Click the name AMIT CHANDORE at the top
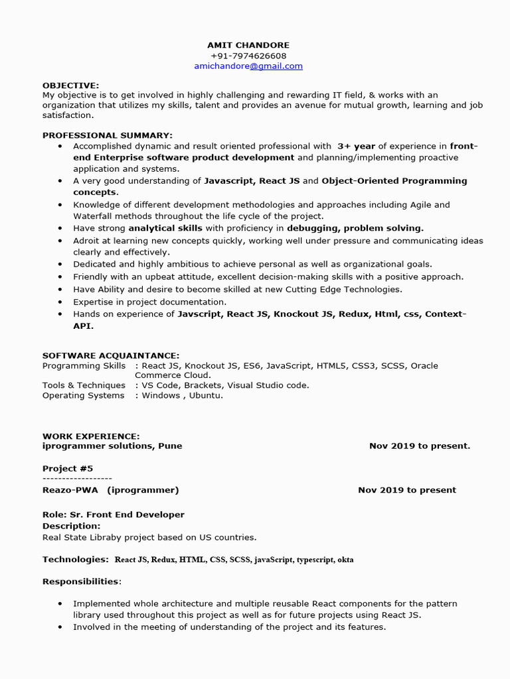coord(248,45)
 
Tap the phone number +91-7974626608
coord(248,56)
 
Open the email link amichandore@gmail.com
coord(248,66)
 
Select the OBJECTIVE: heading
coord(70,86)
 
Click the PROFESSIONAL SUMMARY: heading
coord(107,135)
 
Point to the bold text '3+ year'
coord(356,146)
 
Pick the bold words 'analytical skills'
coord(165,228)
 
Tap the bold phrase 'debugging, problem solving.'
coord(355,228)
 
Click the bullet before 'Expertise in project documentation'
coord(60,302)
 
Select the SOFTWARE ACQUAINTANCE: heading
coord(110,355)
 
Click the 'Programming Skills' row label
coord(84,365)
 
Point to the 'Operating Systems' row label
coord(83,395)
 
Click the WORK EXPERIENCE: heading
coord(91,436)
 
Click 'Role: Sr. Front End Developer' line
coord(114,515)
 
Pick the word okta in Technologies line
coord(345,560)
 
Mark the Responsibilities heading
coord(80,582)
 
